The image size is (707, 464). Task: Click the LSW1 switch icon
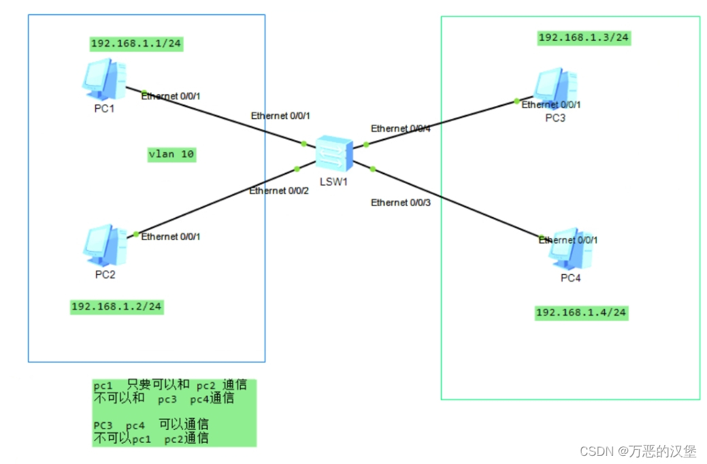[x=335, y=155]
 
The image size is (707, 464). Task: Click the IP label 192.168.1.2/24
[x=117, y=307]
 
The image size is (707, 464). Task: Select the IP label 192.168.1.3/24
[x=584, y=37]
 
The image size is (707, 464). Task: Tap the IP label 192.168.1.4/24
[x=581, y=313]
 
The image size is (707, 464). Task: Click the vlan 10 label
[x=171, y=154]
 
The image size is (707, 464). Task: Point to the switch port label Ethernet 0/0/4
[x=400, y=129]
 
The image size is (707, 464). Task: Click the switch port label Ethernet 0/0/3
[x=400, y=203]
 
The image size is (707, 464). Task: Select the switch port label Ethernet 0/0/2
[x=279, y=190]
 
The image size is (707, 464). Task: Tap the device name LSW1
[x=334, y=182]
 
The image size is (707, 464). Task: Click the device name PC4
[x=571, y=278]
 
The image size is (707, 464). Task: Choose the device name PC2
[x=105, y=275]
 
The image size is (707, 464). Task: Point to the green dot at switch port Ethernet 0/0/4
[x=365, y=144]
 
